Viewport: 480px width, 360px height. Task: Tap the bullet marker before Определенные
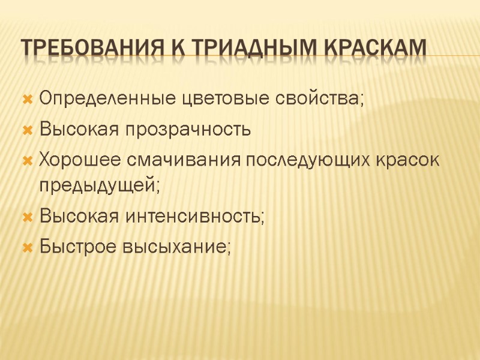pos(27,98)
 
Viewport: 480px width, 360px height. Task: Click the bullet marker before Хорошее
pos(27,161)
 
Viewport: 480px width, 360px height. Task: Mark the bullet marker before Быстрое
pos(27,247)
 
